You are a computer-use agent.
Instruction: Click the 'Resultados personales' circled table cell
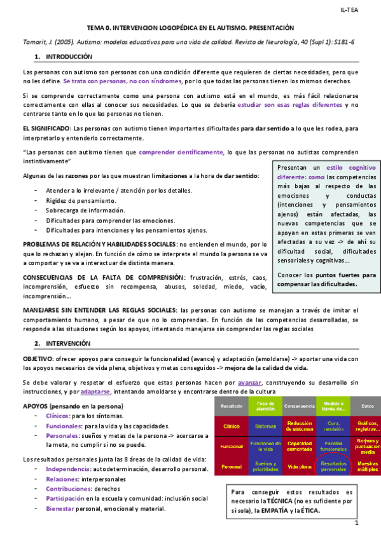(x=333, y=467)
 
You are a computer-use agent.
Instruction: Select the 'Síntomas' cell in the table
(x=261, y=426)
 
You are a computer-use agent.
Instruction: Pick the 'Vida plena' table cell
(x=298, y=467)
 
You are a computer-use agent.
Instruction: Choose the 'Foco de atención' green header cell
(x=261, y=404)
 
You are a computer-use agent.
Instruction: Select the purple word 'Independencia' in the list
(x=67, y=469)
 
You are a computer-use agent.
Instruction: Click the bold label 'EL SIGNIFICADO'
(x=46, y=128)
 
